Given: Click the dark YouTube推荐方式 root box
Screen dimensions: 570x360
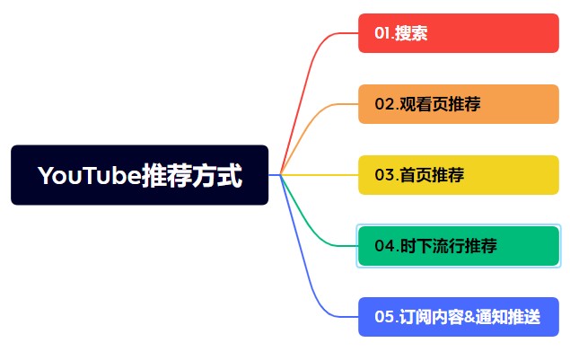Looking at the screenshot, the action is pyautogui.click(x=140, y=175).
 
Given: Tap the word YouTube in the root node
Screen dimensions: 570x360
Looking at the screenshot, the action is pyautogui.click(x=90, y=175).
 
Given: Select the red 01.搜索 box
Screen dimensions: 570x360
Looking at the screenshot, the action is pyautogui.click(x=459, y=33).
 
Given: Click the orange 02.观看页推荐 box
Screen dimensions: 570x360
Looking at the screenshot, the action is pyautogui.click(x=459, y=104).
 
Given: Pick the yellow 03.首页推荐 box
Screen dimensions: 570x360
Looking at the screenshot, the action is pyautogui.click(x=459, y=175).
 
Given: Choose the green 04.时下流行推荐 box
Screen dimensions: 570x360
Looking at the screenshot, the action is pyautogui.click(x=459, y=246).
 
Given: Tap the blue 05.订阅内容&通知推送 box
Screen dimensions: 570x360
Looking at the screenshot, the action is pyautogui.click(x=459, y=317).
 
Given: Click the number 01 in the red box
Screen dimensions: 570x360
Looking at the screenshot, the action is pyautogui.click(x=382, y=33).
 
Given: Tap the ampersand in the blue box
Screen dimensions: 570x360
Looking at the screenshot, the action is pyautogui.click(x=469, y=317).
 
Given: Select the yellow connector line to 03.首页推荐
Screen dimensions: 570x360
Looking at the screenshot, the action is pyautogui.click(x=320, y=175).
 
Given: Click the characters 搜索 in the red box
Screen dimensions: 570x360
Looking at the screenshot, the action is pyautogui.click(x=411, y=33).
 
